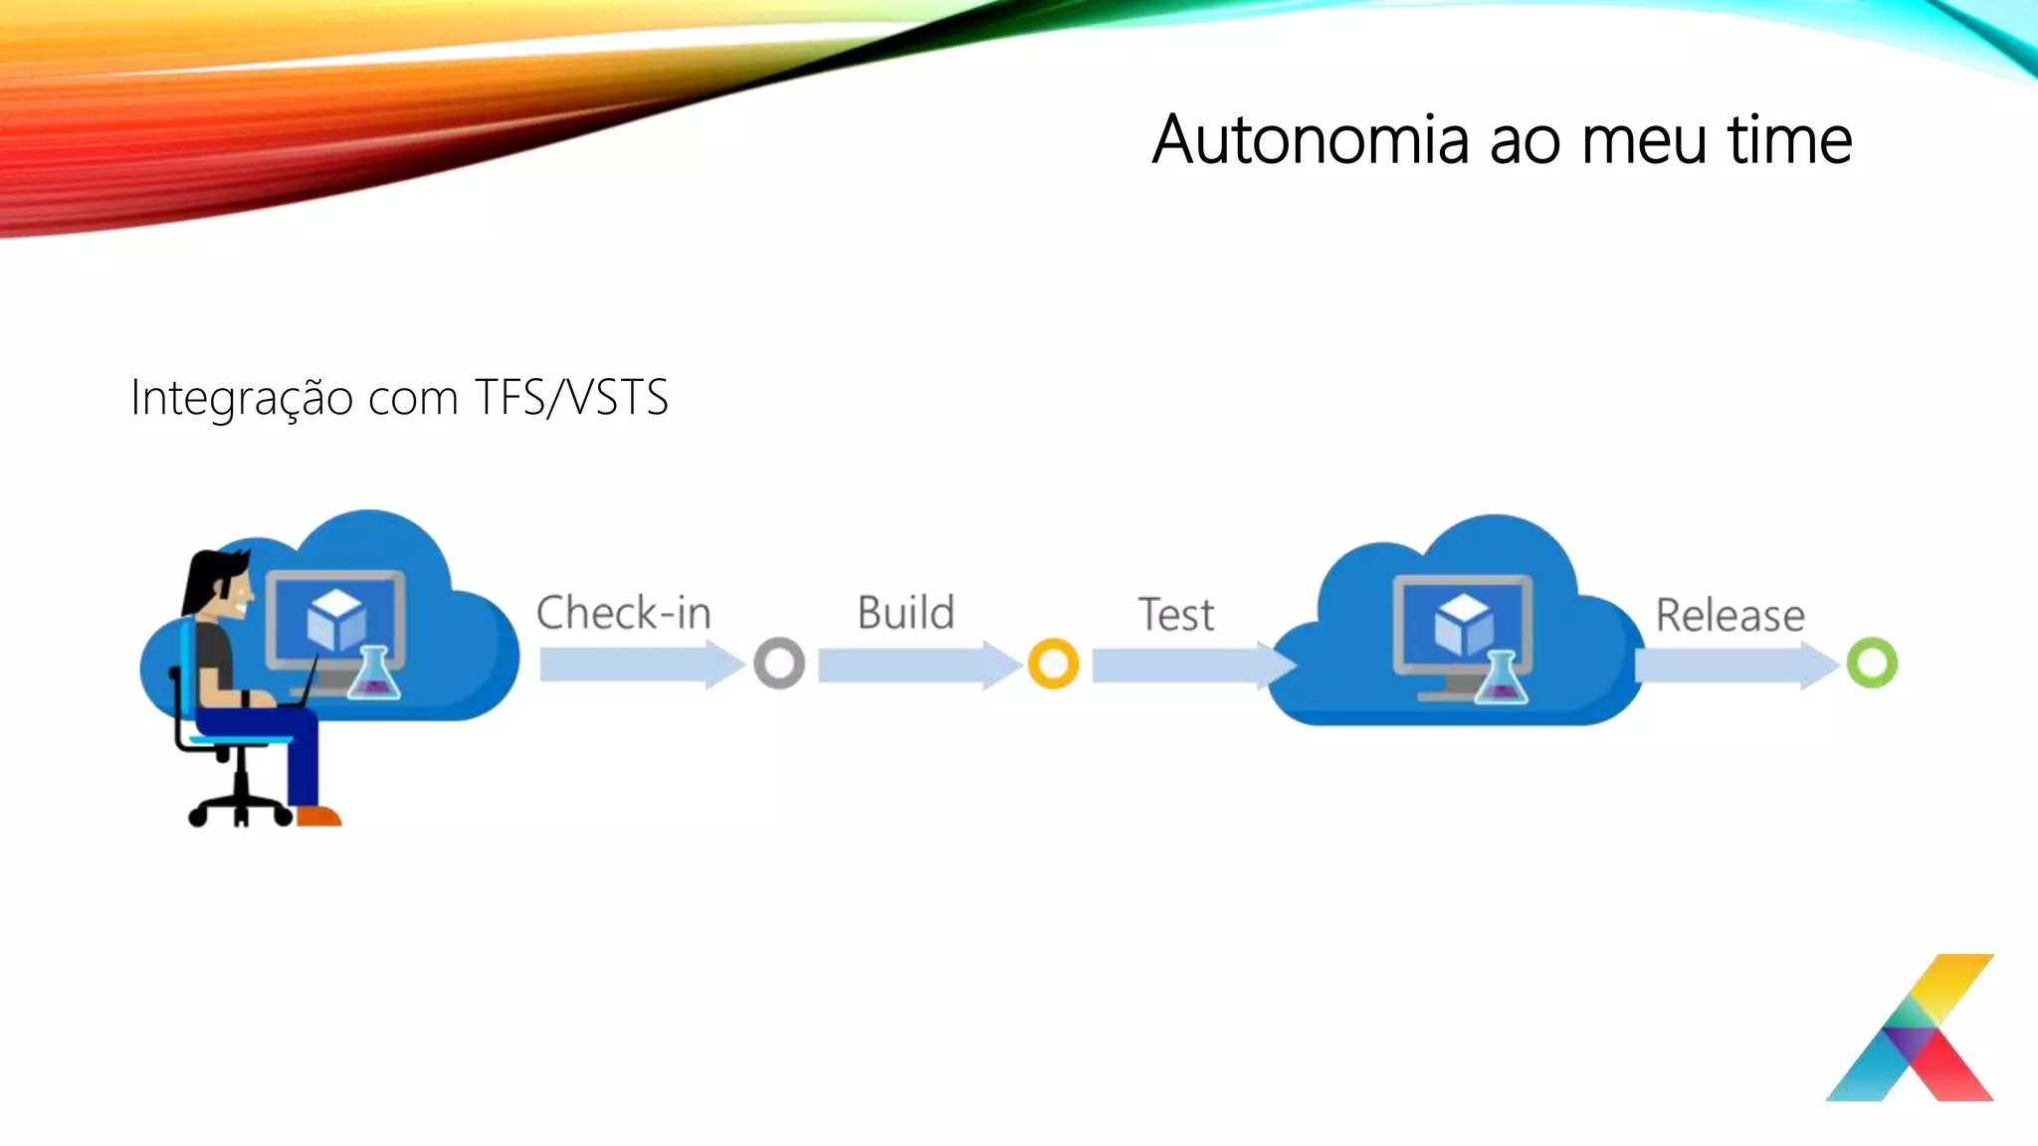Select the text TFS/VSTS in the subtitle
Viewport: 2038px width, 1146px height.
point(570,397)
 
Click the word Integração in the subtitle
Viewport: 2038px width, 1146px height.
point(242,399)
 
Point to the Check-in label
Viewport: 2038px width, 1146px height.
point(623,613)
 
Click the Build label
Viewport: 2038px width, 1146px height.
point(906,613)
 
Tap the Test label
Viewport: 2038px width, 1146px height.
point(1175,615)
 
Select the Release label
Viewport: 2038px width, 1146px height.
point(1730,615)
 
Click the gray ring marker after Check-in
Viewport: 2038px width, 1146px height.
point(779,664)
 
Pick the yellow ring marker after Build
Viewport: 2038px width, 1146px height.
point(1053,664)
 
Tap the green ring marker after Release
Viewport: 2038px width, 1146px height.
point(1872,664)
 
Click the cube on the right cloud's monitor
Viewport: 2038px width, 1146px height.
point(1463,624)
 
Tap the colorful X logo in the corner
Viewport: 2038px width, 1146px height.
point(1911,1029)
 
